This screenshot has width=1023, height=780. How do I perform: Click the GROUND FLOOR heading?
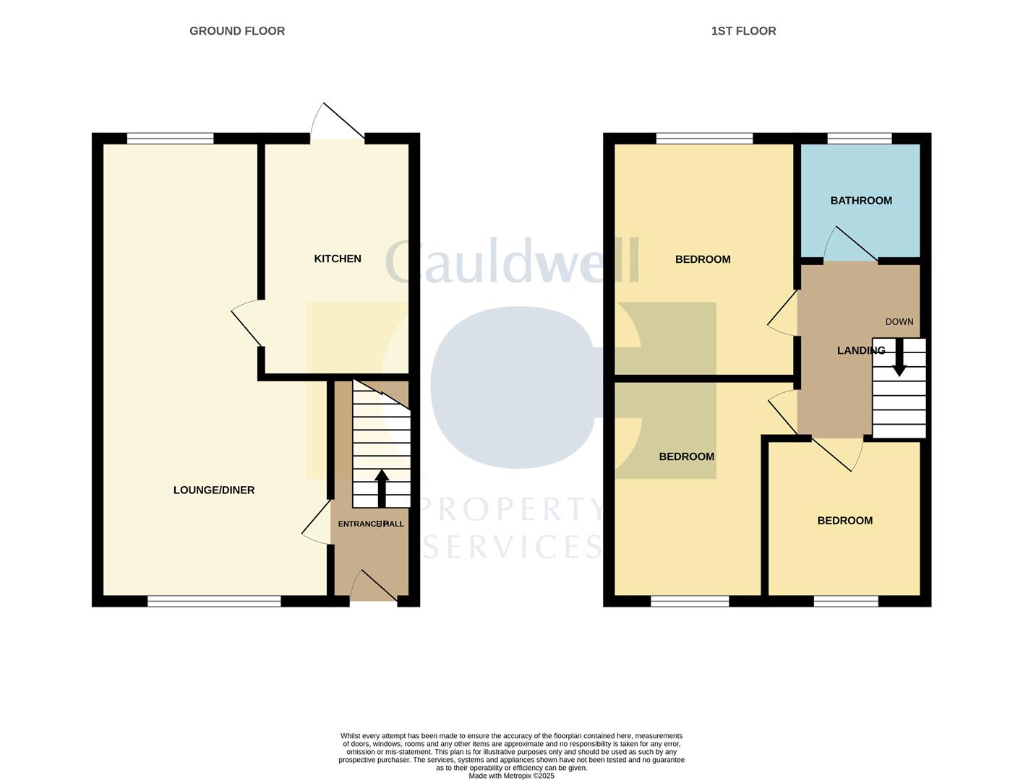click(x=237, y=31)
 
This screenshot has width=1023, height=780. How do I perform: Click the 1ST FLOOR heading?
click(x=743, y=31)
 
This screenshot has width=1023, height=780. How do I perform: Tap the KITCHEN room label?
click(x=338, y=259)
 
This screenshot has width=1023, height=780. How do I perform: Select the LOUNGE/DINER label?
click(x=214, y=490)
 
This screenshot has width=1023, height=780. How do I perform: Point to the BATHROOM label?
click(x=861, y=201)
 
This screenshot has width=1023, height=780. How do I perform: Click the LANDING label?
click(x=860, y=351)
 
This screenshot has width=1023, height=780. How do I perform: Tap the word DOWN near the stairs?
click(x=899, y=322)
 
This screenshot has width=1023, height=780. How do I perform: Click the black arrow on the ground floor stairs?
click(x=381, y=487)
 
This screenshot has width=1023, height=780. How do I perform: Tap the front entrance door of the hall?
click(x=373, y=586)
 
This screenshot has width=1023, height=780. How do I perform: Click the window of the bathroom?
click(x=860, y=139)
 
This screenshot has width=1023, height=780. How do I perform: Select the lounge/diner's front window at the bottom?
click(x=214, y=601)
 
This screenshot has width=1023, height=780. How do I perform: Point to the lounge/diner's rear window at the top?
click(x=171, y=139)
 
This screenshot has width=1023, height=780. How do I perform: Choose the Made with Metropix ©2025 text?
click(x=511, y=776)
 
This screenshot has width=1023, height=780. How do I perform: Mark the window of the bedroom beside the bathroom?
click(x=704, y=139)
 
